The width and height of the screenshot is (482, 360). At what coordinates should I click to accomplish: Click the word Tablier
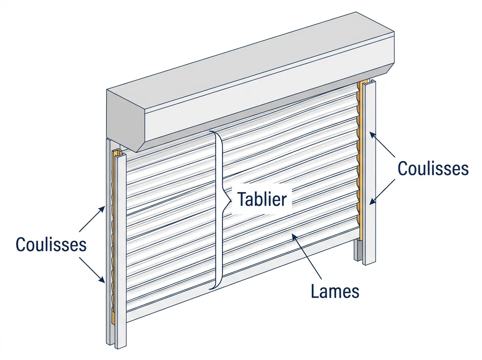pyautogui.click(x=262, y=199)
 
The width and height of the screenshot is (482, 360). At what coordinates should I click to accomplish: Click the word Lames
pyautogui.click(x=335, y=291)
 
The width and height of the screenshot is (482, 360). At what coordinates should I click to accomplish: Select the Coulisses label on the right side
pyautogui.click(x=433, y=168)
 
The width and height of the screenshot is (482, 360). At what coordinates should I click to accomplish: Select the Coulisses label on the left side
pyautogui.click(x=51, y=244)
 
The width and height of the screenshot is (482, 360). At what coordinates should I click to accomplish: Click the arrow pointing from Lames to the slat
pyautogui.click(x=306, y=257)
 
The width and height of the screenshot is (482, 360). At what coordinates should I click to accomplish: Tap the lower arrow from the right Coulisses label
pyautogui.click(x=382, y=192)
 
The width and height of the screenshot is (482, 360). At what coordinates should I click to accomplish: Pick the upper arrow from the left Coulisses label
pyautogui.click(x=92, y=219)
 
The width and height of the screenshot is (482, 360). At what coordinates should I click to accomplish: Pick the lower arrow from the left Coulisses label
pyautogui.click(x=92, y=270)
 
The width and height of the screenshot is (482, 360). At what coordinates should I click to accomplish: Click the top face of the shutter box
pyautogui.click(x=250, y=61)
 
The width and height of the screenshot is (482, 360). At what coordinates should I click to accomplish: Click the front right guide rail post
pyautogui.click(x=369, y=172)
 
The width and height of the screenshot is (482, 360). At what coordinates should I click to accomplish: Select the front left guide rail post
pyautogui.click(x=120, y=250)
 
